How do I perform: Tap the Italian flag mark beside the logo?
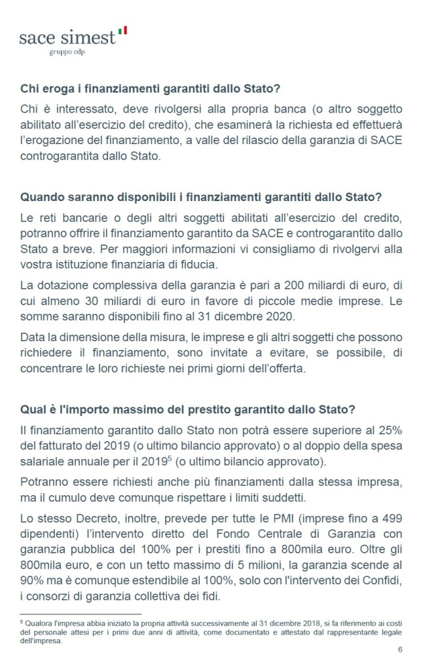pos(122,29)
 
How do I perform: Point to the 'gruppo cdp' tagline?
pos(67,51)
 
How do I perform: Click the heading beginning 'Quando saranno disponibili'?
pos(202,197)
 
